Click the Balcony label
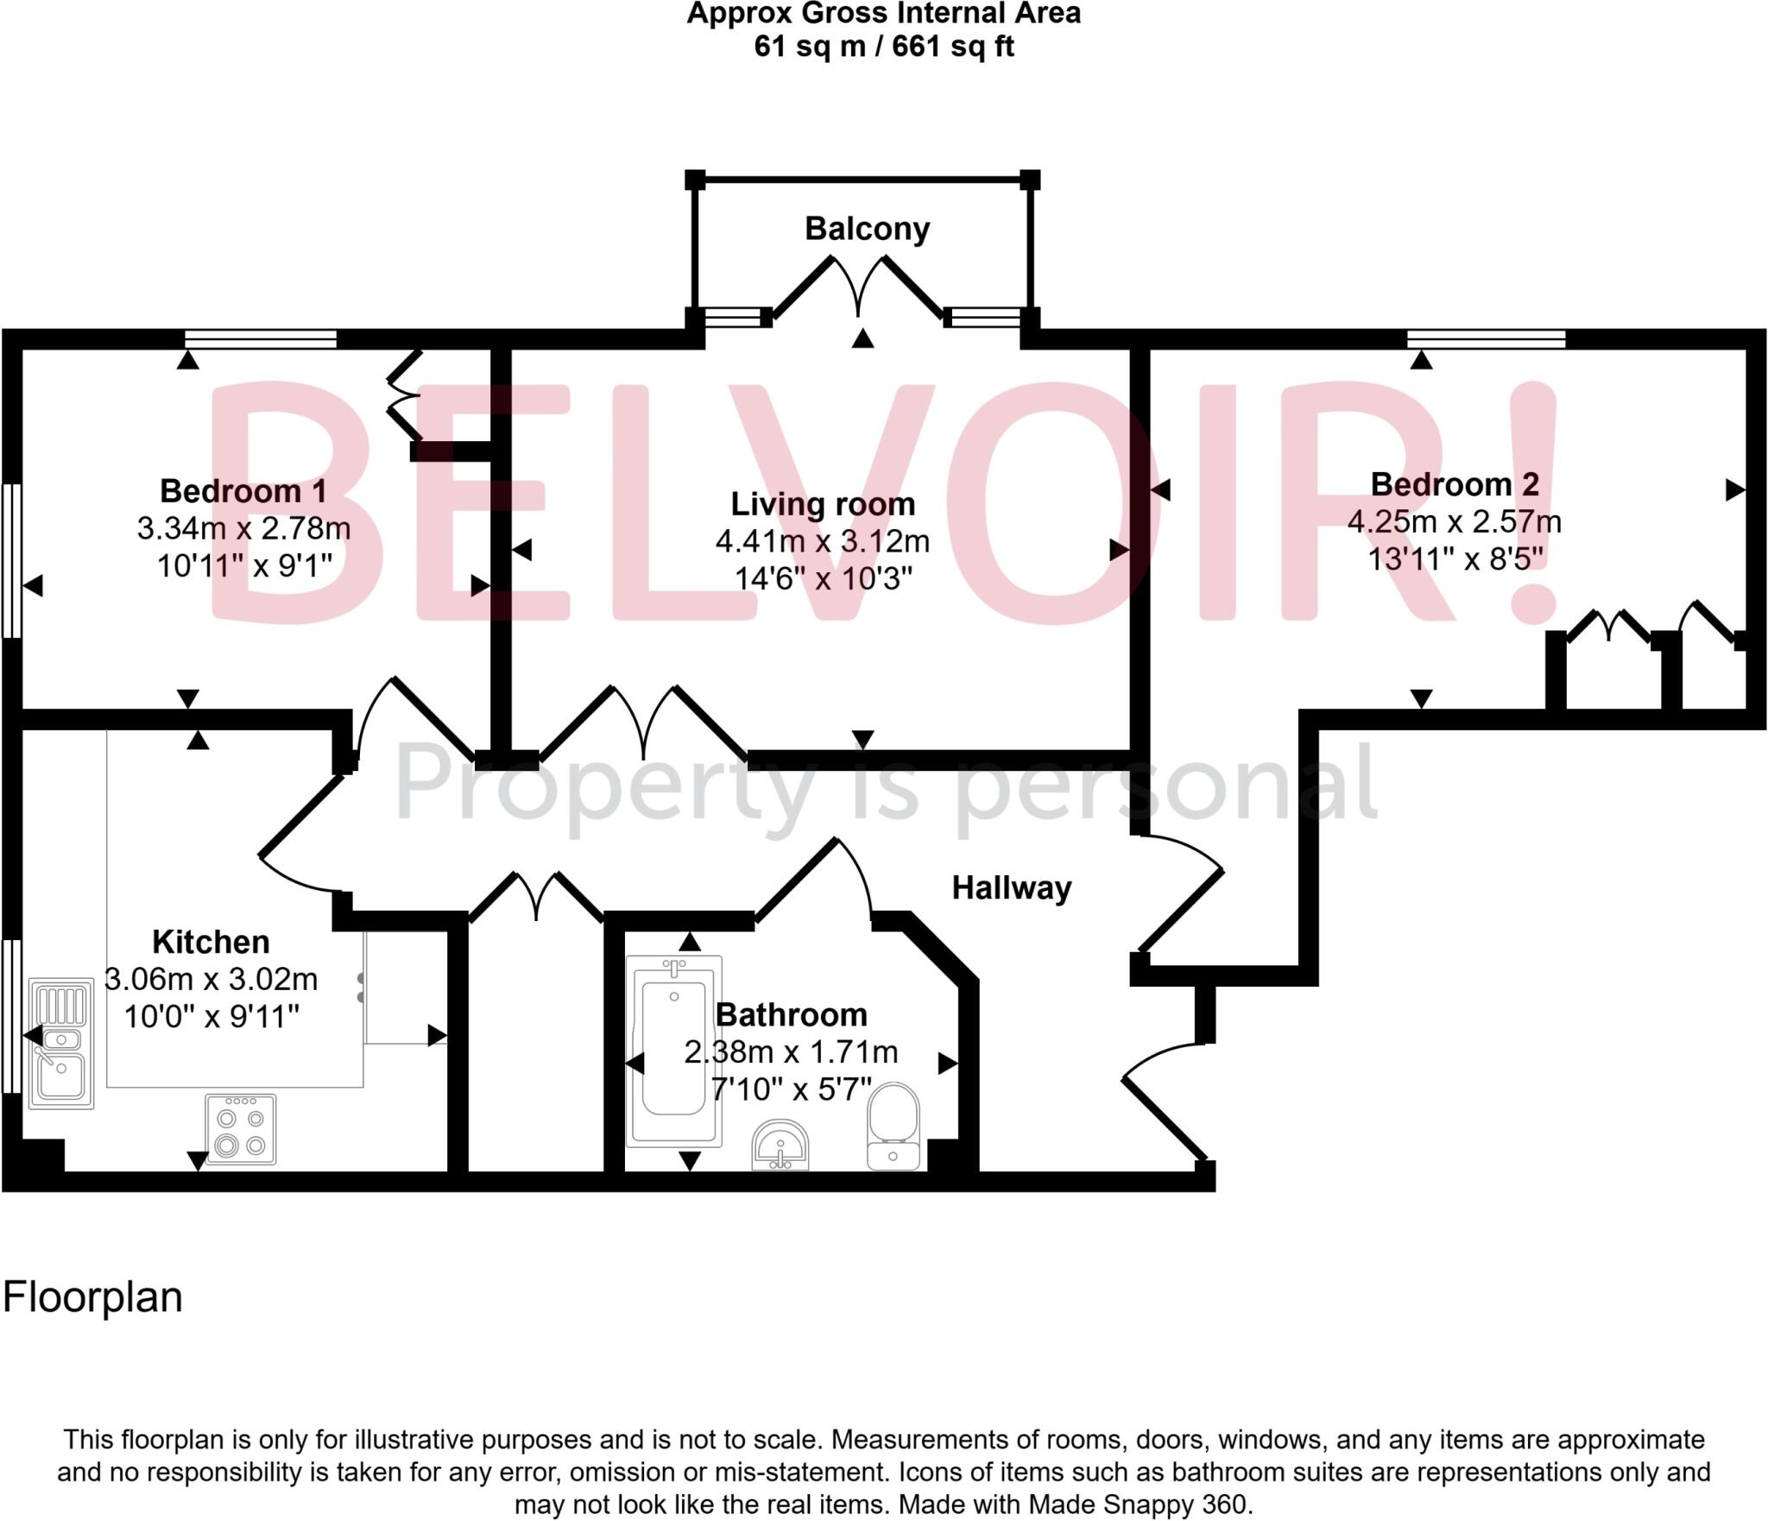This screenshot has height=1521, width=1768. (x=867, y=229)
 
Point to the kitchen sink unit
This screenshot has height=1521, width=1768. (x=60, y=1043)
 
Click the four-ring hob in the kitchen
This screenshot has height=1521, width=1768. (x=241, y=1129)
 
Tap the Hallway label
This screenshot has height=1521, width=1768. (x=1011, y=887)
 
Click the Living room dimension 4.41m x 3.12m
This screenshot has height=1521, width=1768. (x=822, y=542)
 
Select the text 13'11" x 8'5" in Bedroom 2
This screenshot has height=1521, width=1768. (x=1455, y=559)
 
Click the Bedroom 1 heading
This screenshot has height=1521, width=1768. (x=243, y=491)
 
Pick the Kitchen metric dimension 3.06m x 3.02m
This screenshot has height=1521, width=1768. (x=211, y=979)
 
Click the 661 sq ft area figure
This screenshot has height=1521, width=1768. (x=953, y=46)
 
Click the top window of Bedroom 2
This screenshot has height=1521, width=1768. (x=1486, y=338)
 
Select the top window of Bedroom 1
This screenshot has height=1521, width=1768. (x=261, y=338)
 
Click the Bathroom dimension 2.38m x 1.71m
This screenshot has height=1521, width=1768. (x=791, y=1052)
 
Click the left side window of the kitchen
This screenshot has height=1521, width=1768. (x=11, y=1015)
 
